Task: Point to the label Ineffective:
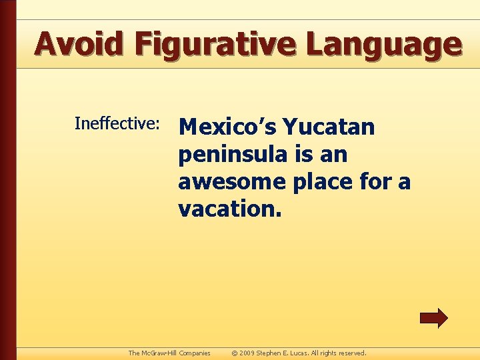pyautogui.click(x=117, y=123)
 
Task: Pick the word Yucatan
pyautogui.click(x=329, y=126)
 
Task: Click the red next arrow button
pyautogui.click(x=433, y=318)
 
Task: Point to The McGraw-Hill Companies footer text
pyautogui.click(x=169, y=353)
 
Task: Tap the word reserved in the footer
pyautogui.click(x=351, y=353)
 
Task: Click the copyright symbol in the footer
pyautogui.click(x=235, y=353)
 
